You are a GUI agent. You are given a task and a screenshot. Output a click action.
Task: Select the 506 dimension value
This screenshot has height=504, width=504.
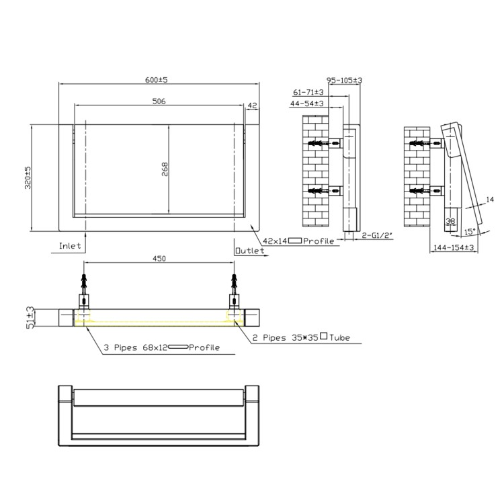point(159,101)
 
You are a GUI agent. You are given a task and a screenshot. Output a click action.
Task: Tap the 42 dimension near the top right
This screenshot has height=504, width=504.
point(253,106)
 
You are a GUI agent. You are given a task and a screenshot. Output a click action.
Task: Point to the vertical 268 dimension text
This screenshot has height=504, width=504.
point(165,169)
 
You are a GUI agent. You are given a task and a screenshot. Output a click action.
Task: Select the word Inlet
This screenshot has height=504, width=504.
point(70,246)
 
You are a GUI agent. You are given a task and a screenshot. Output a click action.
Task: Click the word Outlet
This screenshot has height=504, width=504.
point(250,251)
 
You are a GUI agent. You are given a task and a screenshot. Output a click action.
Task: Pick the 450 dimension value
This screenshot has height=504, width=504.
point(159,259)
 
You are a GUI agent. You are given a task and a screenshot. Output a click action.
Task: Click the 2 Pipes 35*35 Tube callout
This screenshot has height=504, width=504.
point(301,337)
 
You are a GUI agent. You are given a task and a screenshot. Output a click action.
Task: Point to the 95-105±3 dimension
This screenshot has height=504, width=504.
point(345,81)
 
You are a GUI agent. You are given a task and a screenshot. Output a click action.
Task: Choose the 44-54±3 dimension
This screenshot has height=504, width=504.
point(307,103)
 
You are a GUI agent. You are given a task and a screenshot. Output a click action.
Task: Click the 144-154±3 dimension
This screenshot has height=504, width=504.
point(454,247)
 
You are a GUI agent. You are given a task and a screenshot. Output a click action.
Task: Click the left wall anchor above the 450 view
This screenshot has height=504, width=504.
point(85,280)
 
